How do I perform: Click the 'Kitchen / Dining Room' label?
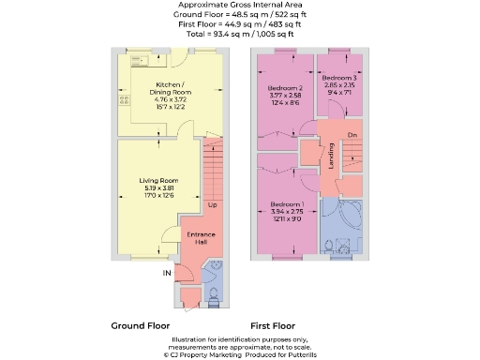coord(172,88)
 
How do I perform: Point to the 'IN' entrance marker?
coord(168,274)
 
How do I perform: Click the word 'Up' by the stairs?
coord(213,205)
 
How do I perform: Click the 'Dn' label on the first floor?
coord(352,137)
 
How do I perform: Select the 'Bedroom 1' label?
coord(287,204)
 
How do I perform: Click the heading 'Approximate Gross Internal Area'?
coord(240,6)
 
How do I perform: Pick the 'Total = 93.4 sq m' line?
coord(240,34)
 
